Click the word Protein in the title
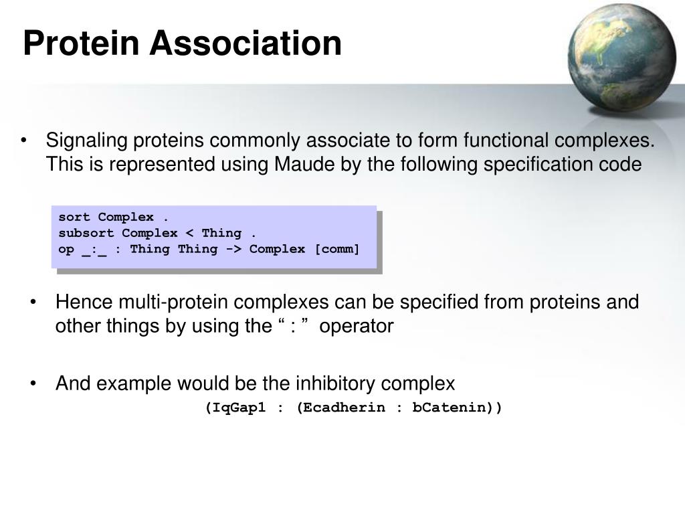click(x=81, y=43)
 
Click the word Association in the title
click(x=246, y=43)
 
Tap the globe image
click(x=621, y=58)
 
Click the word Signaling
click(x=86, y=141)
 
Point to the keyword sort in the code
click(x=74, y=218)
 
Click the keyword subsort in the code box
click(x=86, y=233)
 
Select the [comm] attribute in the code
click(x=337, y=249)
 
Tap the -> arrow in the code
click(x=233, y=249)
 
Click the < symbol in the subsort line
click(x=189, y=233)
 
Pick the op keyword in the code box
click(x=66, y=250)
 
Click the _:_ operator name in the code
click(x=94, y=250)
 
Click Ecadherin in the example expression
click(x=345, y=408)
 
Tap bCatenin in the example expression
click(x=449, y=408)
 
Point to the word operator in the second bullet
click(x=357, y=327)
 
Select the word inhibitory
click(x=335, y=383)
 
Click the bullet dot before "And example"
click(x=33, y=383)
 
